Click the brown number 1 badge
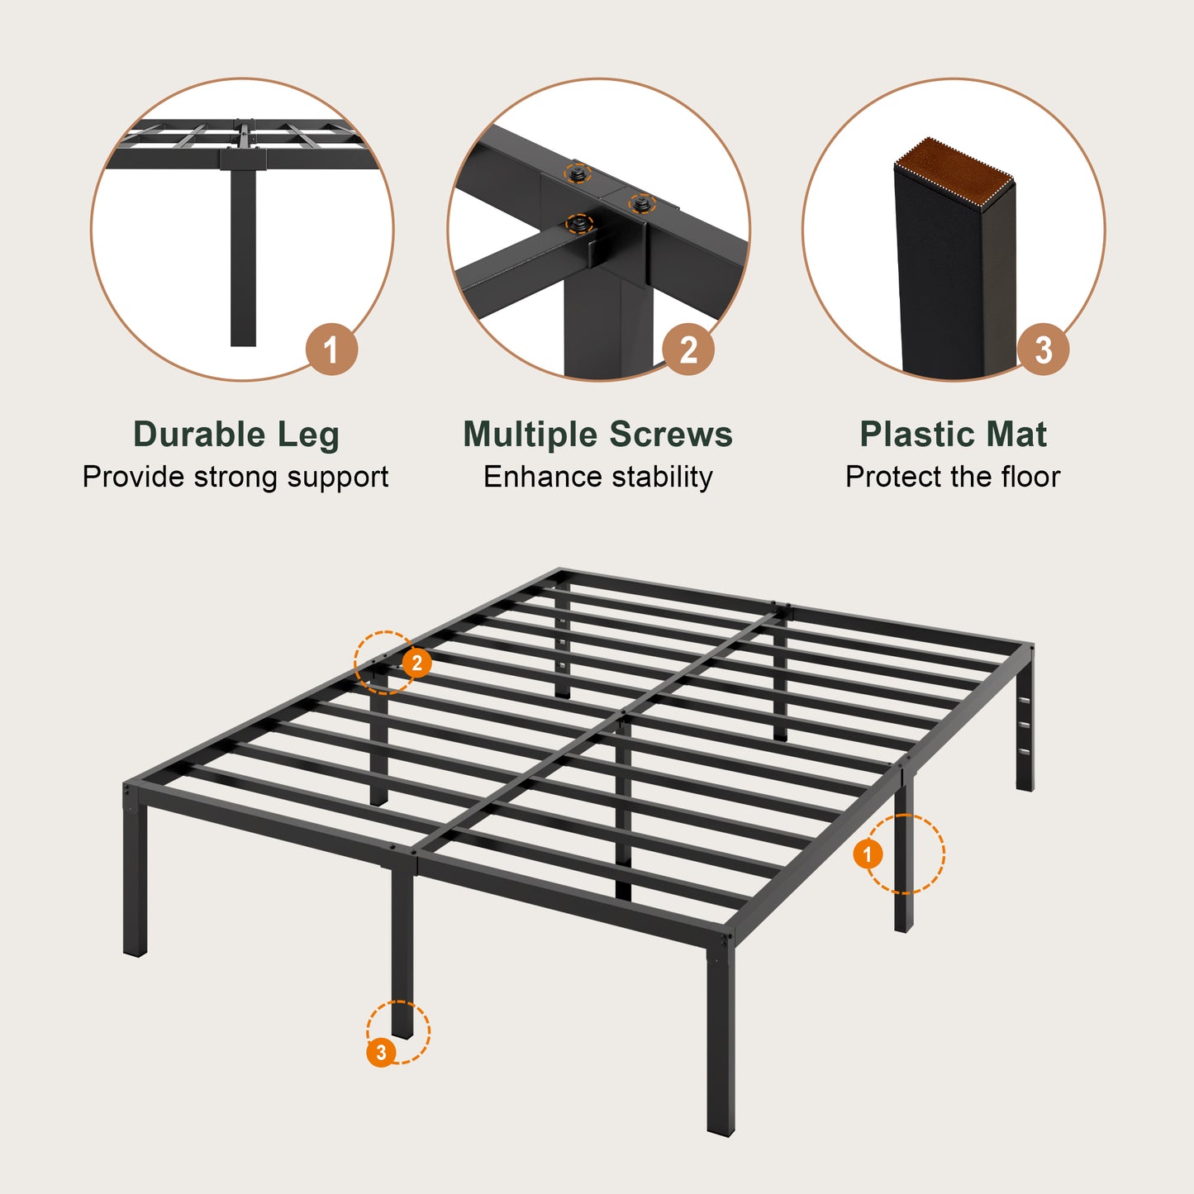(x=331, y=350)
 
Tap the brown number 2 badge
(x=688, y=350)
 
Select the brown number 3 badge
(x=1043, y=350)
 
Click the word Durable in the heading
(x=199, y=435)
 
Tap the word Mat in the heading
(x=1020, y=435)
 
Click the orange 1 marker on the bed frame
(x=868, y=854)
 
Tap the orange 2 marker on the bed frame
(x=417, y=663)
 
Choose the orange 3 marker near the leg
(x=381, y=1052)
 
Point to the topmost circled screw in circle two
(x=578, y=174)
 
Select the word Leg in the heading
(x=307, y=435)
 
